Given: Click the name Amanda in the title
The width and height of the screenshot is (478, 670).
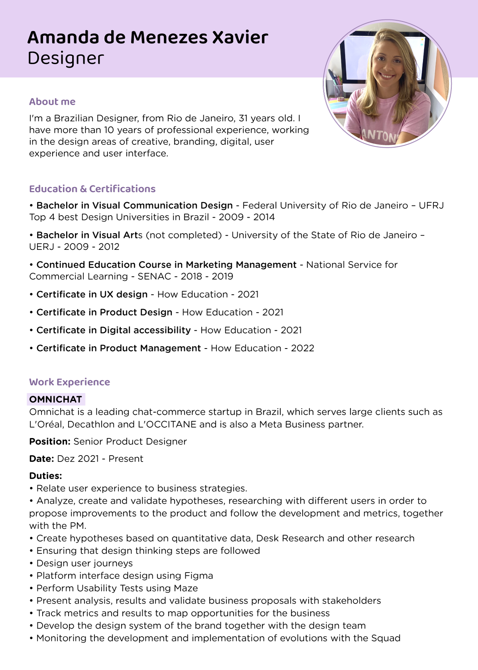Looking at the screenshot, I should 63,38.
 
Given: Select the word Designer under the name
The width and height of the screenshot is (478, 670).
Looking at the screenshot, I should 66,58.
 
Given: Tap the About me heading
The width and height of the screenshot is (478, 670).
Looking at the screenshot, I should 52,102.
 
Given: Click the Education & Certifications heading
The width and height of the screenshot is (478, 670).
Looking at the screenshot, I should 92,189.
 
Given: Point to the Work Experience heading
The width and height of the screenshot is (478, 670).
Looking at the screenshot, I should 69,382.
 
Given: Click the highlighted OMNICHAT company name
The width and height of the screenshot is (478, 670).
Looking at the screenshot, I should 56,399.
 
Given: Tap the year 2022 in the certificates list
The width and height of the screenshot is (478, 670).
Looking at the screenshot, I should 302,349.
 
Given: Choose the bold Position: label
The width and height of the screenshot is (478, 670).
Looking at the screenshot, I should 50,442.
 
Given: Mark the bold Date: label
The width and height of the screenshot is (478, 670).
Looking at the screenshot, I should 41,459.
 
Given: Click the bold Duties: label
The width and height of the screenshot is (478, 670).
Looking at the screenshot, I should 45,476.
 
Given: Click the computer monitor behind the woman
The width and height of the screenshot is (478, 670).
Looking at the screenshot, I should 358,56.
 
